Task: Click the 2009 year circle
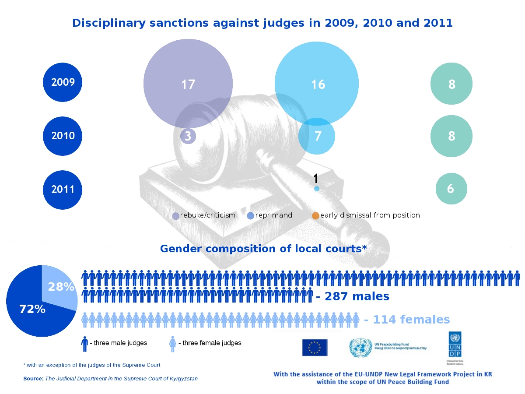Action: pos(63,82)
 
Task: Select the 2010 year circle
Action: pos(63,136)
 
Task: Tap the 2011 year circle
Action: pos(63,190)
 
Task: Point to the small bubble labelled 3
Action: pos(188,136)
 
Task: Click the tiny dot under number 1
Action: pos(317,189)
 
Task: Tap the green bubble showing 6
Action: pos(451,189)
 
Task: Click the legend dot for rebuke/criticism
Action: pos(176,216)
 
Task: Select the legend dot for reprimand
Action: pos(251,216)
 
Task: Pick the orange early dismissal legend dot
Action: pos(315,216)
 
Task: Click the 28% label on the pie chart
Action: pos(61,287)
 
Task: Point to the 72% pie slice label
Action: pos(32,309)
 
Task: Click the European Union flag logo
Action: pos(315,347)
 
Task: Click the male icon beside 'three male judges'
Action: pos(84,344)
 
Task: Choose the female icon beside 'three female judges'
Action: pos(173,344)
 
